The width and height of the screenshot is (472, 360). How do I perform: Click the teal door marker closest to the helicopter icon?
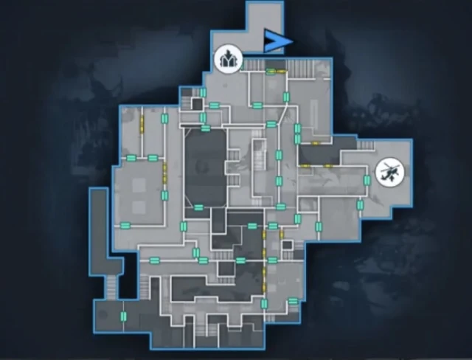(x=367, y=180)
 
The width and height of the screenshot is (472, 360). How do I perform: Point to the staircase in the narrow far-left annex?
(x=112, y=285)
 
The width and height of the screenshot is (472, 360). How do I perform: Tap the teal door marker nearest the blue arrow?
(x=271, y=71)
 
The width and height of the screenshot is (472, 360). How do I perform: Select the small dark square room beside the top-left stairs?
(x=198, y=104)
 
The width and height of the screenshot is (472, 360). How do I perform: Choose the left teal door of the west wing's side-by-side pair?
(x=132, y=158)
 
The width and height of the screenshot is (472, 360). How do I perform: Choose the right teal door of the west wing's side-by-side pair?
(x=153, y=158)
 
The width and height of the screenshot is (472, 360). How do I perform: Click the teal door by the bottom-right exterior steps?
(x=293, y=301)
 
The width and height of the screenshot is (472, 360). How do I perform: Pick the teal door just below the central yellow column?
(x=264, y=303)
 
